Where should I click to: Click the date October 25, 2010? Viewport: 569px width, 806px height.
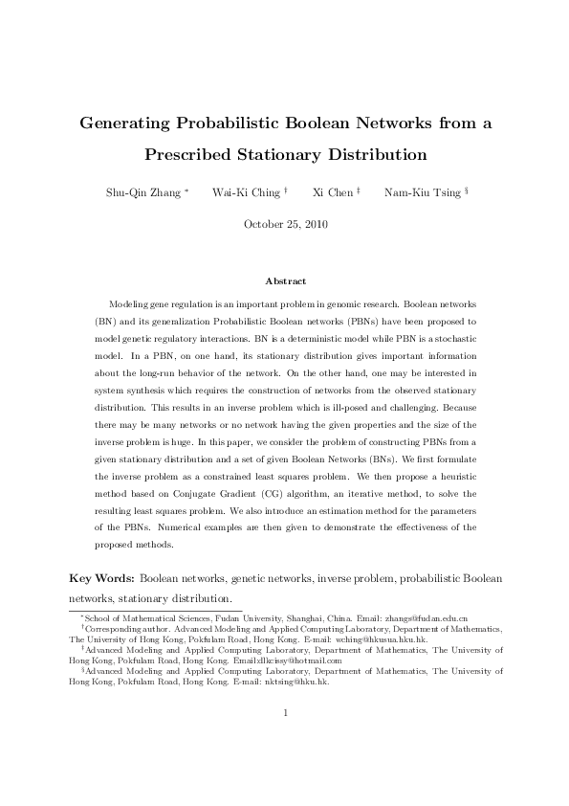pos(284,224)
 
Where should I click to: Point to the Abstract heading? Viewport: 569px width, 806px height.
pos(284,280)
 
